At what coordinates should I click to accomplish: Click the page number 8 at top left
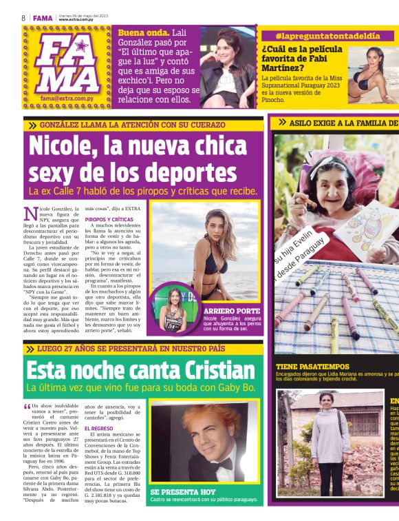23,18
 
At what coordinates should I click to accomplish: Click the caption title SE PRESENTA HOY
183,491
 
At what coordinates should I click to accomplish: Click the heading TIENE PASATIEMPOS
312,367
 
